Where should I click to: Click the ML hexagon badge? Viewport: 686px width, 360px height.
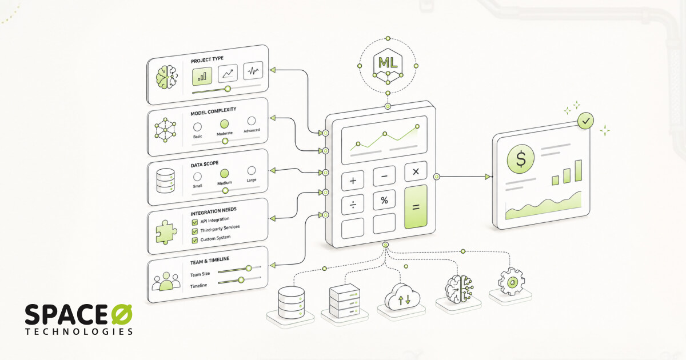[388, 66]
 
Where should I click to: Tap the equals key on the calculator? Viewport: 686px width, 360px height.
[416, 207]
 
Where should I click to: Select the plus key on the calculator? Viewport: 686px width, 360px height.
[353, 181]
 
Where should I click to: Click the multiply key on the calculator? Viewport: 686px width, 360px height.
[416, 171]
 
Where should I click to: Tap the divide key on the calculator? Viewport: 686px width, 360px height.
[353, 205]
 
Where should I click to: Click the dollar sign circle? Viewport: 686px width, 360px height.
[521, 159]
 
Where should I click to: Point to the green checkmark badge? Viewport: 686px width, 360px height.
[585, 121]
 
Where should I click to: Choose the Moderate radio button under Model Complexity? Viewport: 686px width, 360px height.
[224, 124]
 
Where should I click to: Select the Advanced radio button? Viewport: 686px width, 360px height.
[252, 121]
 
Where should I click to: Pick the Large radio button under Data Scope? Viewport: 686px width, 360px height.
[252, 170]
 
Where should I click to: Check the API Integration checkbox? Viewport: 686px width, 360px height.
[194, 222]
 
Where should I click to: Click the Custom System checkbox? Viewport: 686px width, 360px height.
[194, 241]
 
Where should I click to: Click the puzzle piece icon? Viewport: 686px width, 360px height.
[166, 232]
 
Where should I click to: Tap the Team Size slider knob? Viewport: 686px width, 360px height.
[249, 269]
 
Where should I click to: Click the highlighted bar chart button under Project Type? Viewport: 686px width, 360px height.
[202, 76]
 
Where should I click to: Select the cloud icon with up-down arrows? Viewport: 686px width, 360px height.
[402, 297]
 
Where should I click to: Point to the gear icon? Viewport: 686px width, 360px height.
[511, 282]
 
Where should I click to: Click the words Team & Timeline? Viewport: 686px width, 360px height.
[210, 261]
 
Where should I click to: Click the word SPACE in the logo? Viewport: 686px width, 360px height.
[66, 314]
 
